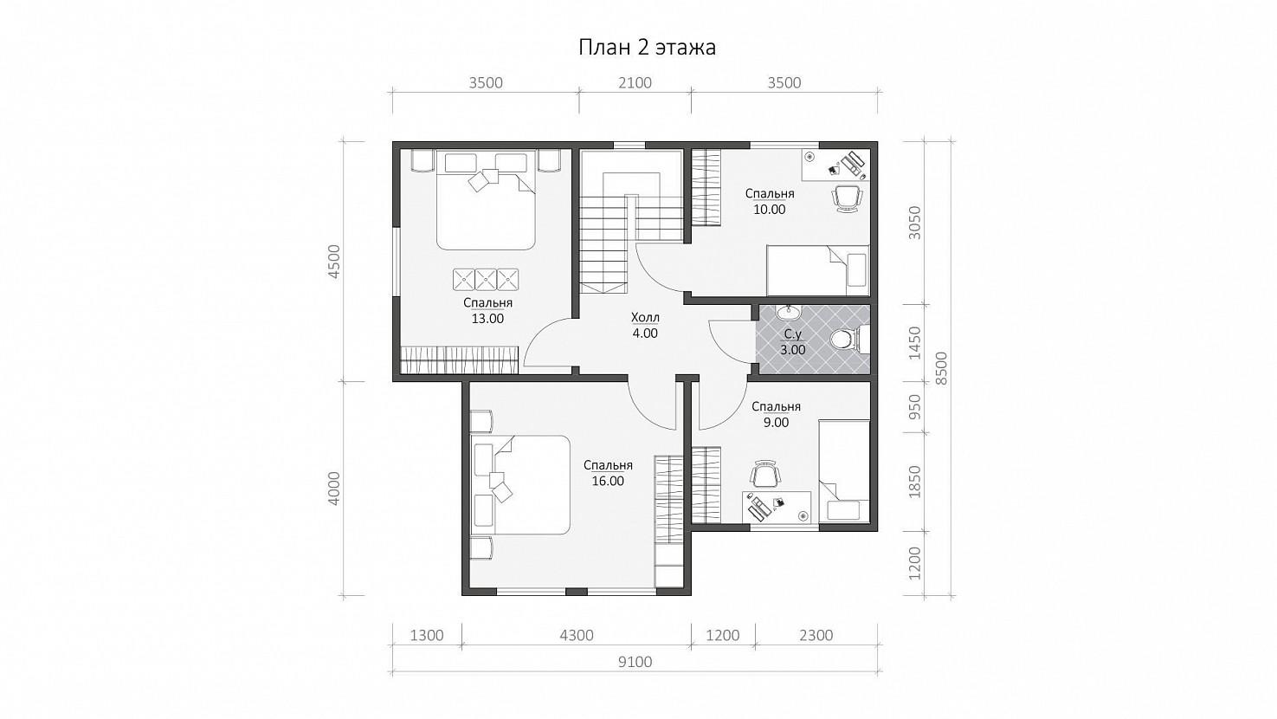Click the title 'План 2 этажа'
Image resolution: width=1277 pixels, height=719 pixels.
coord(647,48)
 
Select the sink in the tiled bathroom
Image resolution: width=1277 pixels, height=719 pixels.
coord(789,312)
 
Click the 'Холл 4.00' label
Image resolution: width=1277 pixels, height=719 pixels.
coord(645,325)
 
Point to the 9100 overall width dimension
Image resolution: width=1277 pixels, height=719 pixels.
coord(635,662)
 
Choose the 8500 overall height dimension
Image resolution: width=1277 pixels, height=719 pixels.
coord(941,368)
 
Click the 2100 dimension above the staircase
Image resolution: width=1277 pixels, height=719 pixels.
coord(635,83)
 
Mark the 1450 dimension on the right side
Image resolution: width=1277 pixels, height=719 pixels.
coord(914,343)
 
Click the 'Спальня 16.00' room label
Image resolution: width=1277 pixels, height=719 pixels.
coord(608,473)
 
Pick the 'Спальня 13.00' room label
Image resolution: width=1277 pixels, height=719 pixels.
coord(487,311)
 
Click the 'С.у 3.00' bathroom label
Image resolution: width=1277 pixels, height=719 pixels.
coord(793,342)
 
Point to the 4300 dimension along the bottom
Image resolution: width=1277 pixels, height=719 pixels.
coord(577,635)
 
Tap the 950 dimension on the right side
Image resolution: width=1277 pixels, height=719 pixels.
coord(914,407)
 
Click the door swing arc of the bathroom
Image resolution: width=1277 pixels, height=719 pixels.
coord(719,346)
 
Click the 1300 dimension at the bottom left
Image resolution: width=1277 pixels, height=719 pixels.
coord(427,635)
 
